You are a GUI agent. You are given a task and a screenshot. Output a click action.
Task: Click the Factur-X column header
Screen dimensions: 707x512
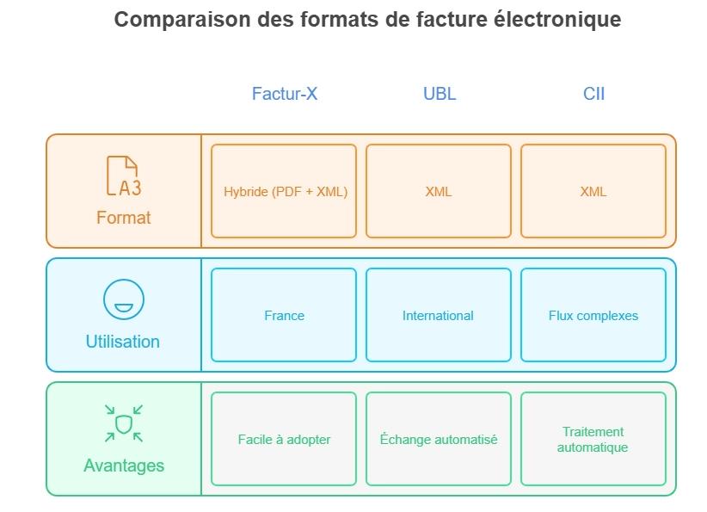point(285,94)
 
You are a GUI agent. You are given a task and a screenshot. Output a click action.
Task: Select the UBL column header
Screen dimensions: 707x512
point(440,94)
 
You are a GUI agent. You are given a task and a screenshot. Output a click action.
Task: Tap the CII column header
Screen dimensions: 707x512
point(593,94)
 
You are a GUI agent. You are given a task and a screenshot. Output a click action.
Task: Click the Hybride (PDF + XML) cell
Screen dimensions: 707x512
point(284,191)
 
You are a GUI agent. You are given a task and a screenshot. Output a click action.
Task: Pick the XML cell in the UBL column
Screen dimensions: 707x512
point(439,191)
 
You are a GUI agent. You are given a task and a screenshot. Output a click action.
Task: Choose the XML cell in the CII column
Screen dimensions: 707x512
point(593,191)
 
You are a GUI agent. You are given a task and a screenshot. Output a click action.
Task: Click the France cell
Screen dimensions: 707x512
point(284,315)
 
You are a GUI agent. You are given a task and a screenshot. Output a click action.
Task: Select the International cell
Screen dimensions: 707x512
point(439,315)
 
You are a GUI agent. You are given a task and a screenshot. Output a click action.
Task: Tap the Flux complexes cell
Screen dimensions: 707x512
point(593,315)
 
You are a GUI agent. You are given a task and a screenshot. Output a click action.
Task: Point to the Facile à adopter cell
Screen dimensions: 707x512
point(284,439)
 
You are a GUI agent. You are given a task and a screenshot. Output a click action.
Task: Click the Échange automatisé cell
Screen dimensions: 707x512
point(439,439)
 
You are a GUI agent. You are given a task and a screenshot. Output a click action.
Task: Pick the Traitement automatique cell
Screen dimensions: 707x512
point(593,439)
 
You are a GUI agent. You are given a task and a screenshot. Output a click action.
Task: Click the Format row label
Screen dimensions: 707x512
point(123,218)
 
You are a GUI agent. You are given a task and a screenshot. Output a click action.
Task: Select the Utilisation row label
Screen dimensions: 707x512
point(123,342)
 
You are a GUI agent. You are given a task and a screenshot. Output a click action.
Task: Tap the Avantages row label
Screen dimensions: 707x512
point(123,466)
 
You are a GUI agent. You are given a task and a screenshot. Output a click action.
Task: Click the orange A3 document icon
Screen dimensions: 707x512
point(123,176)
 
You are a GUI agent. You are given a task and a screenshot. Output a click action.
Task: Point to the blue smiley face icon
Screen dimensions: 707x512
point(123,300)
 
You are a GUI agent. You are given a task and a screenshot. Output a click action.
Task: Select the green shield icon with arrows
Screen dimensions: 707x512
point(123,423)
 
